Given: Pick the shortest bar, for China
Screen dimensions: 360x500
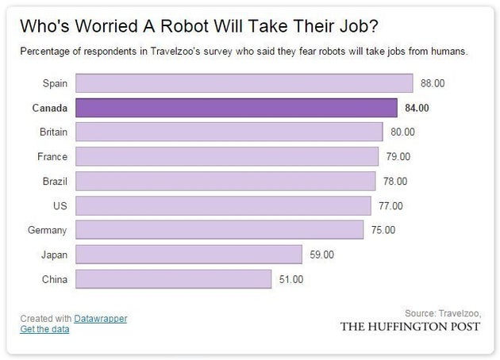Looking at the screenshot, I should (x=175, y=279).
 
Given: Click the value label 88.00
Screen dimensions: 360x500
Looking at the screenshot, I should (x=433, y=82).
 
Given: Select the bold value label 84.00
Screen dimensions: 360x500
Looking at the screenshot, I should (x=417, y=107).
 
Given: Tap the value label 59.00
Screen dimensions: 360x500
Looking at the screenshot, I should (x=321, y=255).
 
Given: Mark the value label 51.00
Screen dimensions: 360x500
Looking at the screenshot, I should (x=290, y=279).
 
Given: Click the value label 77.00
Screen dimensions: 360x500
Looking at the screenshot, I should (x=390, y=205).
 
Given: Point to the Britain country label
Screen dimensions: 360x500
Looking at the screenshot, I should (x=52, y=132).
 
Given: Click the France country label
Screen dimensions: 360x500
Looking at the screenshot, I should (x=52, y=156).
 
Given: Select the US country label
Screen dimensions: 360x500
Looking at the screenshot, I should (x=60, y=205).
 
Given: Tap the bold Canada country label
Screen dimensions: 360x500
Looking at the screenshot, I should (x=49, y=107).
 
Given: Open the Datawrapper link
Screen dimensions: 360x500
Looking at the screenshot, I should (x=100, y=318).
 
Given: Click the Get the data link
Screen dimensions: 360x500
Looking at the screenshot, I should (x=44, y=329).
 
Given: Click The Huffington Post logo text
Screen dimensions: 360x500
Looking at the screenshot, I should (x=410, y=327).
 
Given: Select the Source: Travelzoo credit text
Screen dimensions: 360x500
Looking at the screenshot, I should (x=443, y=312).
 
